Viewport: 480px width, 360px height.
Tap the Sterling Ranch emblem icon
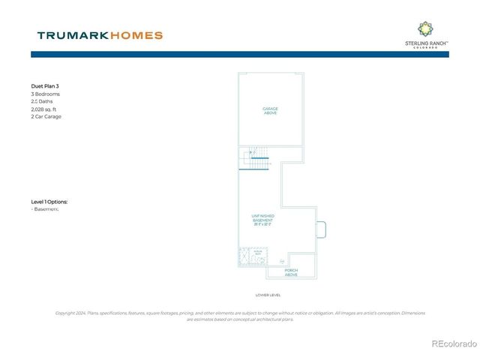tap(425, 29)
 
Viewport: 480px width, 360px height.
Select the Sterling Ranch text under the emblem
tap(426, 44)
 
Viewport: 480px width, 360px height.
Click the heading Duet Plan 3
tap(47, 87)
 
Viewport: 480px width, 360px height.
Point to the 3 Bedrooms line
tap(46, 94)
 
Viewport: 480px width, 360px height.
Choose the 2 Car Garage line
tap(46, 117)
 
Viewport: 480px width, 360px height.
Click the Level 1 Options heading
tap(54, 202)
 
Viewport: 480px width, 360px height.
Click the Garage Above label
tap(270, 111)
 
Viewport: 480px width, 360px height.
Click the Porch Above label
tap(291, 272)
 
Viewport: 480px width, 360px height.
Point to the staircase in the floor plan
tap(256, 158)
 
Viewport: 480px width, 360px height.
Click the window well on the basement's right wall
tap(319, 229)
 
